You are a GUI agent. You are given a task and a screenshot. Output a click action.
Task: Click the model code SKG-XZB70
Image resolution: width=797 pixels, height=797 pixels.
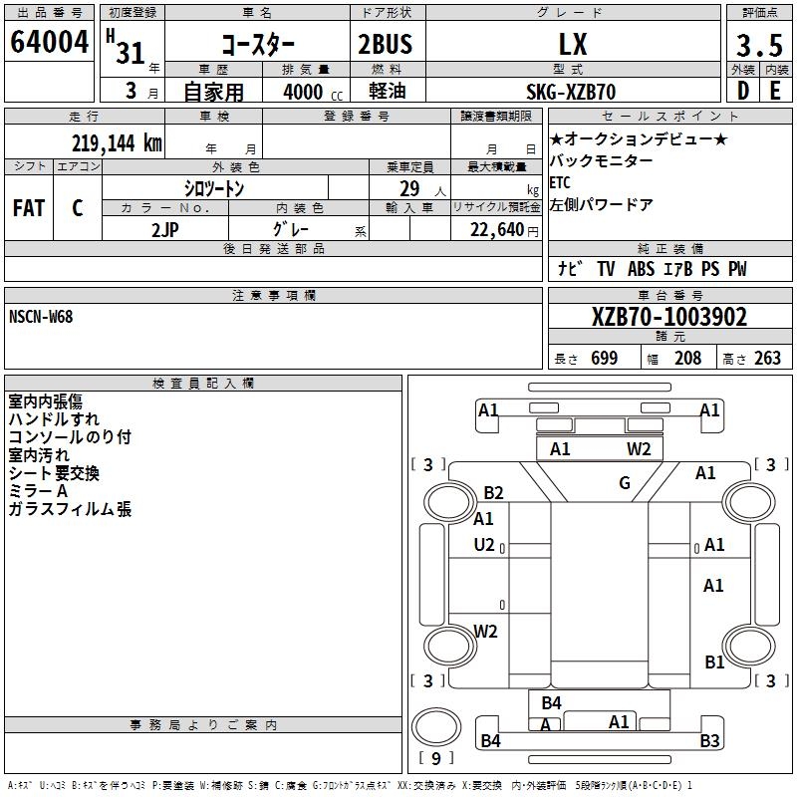coord(571,92)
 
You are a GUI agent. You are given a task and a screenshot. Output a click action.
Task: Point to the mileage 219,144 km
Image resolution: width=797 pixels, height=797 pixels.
coord(117,142)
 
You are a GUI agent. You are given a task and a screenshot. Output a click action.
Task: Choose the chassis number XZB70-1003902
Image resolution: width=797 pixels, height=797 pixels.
coord(668,318)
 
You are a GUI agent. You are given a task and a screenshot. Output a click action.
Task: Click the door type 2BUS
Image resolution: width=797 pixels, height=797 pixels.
coord(385,45)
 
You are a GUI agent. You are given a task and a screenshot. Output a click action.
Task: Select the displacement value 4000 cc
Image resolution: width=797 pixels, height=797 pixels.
coord(308,92)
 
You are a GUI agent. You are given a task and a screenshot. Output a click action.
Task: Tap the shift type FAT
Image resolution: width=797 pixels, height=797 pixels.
coord(28,208)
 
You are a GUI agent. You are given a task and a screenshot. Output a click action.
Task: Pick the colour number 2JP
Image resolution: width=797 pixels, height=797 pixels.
coord(165,229)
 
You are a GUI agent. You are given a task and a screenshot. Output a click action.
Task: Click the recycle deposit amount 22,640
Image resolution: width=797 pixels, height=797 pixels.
coord(495,230)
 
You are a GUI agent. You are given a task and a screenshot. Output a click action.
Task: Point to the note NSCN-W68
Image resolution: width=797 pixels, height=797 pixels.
coord(41,317)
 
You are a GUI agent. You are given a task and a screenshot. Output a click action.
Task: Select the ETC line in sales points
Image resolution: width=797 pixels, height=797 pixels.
coord(561,183)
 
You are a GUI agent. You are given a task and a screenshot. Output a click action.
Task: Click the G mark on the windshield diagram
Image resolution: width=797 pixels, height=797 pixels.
coord(625,483)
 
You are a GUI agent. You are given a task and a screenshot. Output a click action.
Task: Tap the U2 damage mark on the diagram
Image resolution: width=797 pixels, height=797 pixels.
coord(484,544)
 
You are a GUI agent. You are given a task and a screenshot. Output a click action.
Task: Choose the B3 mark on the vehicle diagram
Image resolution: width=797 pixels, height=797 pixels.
coord(709,740)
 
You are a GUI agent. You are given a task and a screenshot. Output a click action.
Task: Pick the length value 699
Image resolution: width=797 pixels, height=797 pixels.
coord(604,359)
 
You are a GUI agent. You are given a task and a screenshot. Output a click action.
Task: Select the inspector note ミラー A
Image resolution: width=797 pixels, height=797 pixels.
coord(38,491)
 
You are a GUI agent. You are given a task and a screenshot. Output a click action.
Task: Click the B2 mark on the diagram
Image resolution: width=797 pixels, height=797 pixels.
coord(494,492)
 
